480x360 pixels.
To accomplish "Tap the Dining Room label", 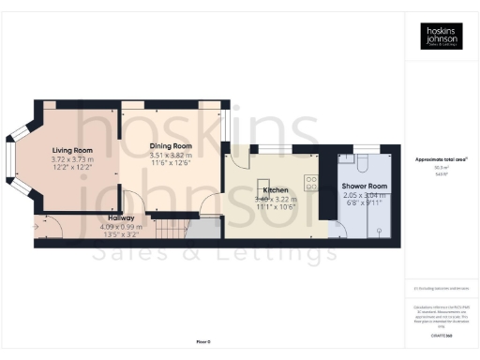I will pyautogui.click(x=170, y=147).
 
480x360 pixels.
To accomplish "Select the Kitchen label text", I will pyautogui.click(x=275, y=190).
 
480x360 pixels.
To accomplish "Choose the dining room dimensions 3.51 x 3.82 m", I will pyautogui.click(x=170, y=157).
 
